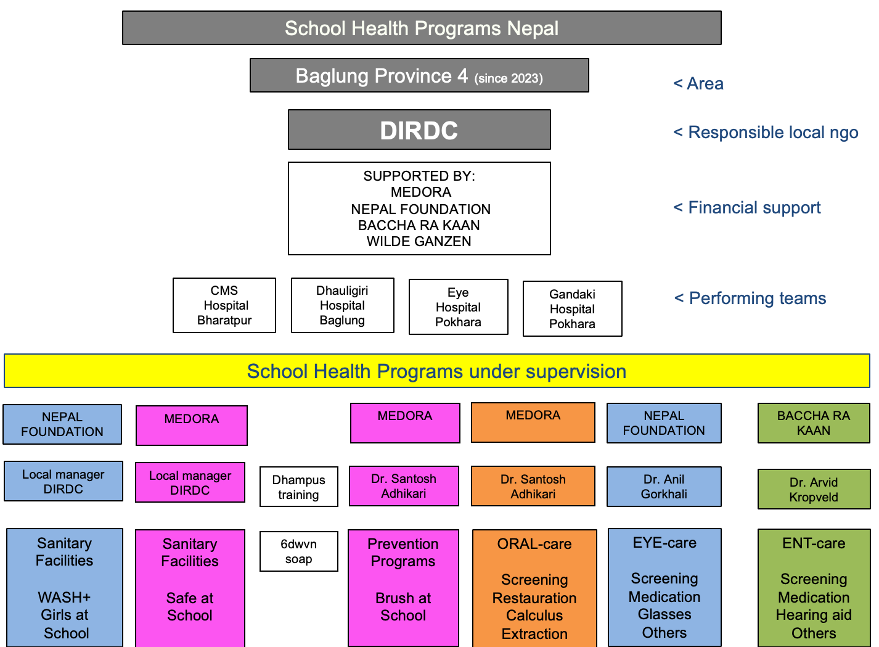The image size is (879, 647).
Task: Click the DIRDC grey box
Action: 419,130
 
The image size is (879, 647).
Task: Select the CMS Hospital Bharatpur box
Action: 224,305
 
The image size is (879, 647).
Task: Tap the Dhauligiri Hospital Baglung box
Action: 342,305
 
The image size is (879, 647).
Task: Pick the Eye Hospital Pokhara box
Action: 459,307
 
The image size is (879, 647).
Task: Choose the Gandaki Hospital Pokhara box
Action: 572,308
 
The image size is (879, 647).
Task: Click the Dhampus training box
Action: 298,487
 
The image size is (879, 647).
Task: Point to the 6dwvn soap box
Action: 298,551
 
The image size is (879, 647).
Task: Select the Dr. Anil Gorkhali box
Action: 664,487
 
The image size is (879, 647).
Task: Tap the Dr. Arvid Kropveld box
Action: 814,489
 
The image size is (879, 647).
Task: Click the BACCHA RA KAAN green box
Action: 814,423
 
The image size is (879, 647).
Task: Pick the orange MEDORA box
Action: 533,422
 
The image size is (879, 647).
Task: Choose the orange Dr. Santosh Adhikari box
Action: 533,486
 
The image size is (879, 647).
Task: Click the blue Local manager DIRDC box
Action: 63,481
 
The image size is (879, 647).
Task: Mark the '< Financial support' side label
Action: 746,207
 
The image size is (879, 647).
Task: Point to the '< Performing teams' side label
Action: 750,298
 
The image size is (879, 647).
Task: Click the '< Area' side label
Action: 698,83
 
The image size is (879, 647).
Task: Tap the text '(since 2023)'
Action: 509,78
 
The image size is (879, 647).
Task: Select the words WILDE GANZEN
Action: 419,241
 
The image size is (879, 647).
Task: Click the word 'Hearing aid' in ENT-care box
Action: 814,615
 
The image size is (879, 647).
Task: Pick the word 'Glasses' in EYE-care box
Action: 664,614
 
